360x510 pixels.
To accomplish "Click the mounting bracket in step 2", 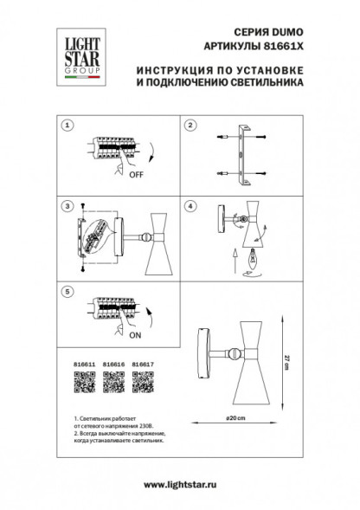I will coord(243,158).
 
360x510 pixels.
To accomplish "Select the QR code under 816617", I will coord(144,383).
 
